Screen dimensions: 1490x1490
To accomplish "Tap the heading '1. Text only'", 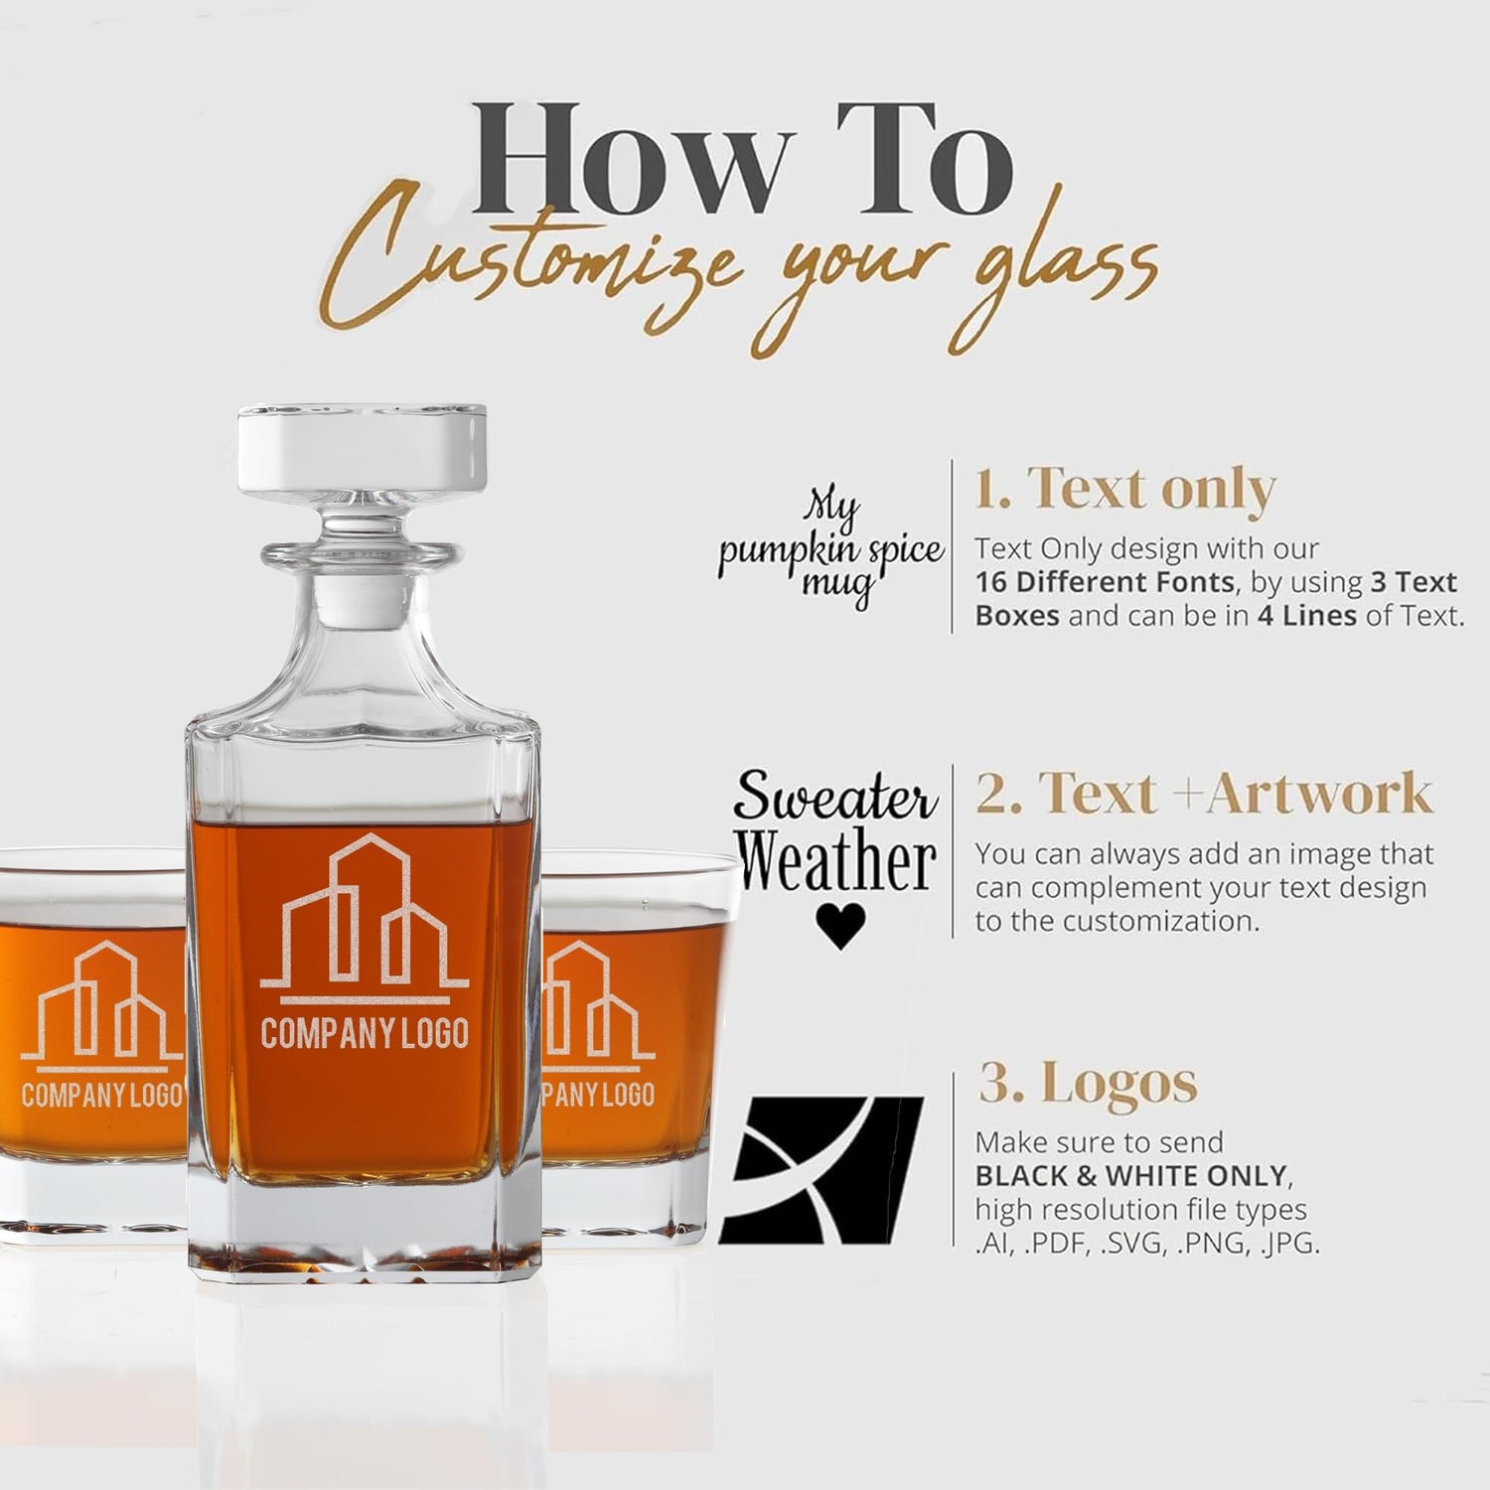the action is pyautogui.click(x=1124, y=490).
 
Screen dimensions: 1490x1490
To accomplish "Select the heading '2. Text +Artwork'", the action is pyautogui.click(x=1204, y=794).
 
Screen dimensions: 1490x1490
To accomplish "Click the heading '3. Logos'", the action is pyautogui.click(x=1088, y=1083).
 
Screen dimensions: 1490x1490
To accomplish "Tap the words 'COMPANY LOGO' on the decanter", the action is pyautogui.click(x=364, y=1033).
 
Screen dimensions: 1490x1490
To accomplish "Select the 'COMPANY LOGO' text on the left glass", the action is pyautogui.click(x=101, y=1096).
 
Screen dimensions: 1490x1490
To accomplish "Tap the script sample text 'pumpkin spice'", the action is pyautogui.click(x=830, y=552).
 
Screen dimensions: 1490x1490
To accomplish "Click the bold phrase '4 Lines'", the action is pyautogui.click(x=1307, y=616).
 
